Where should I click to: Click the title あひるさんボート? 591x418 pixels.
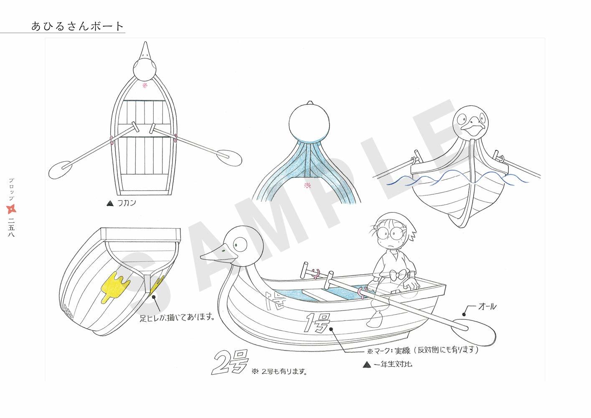pyautogui.click(x=78, y=26)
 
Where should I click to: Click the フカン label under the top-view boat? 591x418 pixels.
pyautogui.click(x=126, y=204)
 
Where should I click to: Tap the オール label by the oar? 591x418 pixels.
pyautogui.click(x=487, y=307)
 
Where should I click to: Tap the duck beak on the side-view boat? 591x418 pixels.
pyautogui.click(x=215, y=255)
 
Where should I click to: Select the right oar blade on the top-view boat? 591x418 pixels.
pyautogui.click(x=231, y=157)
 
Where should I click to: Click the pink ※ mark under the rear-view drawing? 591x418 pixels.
pyautogui.click(x=307, y=186)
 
